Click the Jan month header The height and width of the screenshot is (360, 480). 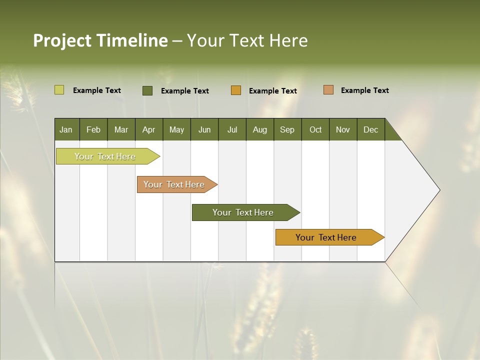click(x=66, y=129)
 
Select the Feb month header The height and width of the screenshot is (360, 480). click(x=93, y=129)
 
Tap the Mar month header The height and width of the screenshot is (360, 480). click(x=121, y=129)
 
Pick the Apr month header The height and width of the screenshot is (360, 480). click(x=149, y=129)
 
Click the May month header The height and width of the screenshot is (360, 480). click(x=176, y=129)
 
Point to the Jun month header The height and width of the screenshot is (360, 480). click(x=204, y=129)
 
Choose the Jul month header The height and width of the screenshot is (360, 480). click(x=232, y=129)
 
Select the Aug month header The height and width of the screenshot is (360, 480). click(x=260, y=129)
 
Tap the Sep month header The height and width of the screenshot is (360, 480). click(x=287, y=129)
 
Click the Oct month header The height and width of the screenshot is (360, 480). click(x=315, y=129)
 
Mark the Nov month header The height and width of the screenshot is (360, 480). click(x=343, y=129)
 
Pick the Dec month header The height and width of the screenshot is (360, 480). click(x=371, y=129)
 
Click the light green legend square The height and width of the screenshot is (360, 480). click(x=59, y=90)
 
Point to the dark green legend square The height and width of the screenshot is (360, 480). click(x=147, y=90)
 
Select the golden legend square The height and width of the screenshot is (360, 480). click(x=236, y=90)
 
